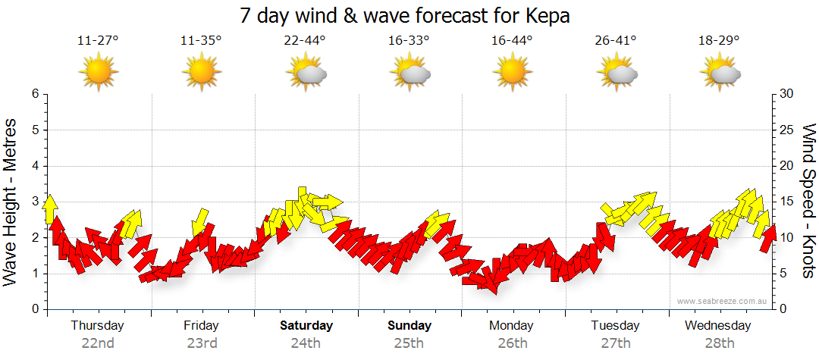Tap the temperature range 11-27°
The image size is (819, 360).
click(x=98, y=41)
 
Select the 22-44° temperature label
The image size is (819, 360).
click(x=305, y=41)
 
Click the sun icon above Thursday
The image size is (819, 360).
click(x=99, y=72)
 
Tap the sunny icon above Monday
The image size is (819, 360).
click(x=513, y=72)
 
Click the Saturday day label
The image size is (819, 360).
click(x=306, y=326)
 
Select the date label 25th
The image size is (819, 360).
click(x=409, y=343)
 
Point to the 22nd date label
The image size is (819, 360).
click(x=98, y=343)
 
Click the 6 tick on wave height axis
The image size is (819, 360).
click(x=35, y=94)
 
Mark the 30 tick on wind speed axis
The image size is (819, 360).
click(x=787, y=94)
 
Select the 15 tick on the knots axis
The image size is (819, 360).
click(x=787, y=202)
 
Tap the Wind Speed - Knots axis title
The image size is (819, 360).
click(x=808, y=201)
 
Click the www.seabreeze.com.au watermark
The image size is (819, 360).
click(x=723, y=301)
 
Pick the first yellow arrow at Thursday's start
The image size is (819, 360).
click(x=50, y=209)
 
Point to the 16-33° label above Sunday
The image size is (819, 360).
click(x=409, y=41)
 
